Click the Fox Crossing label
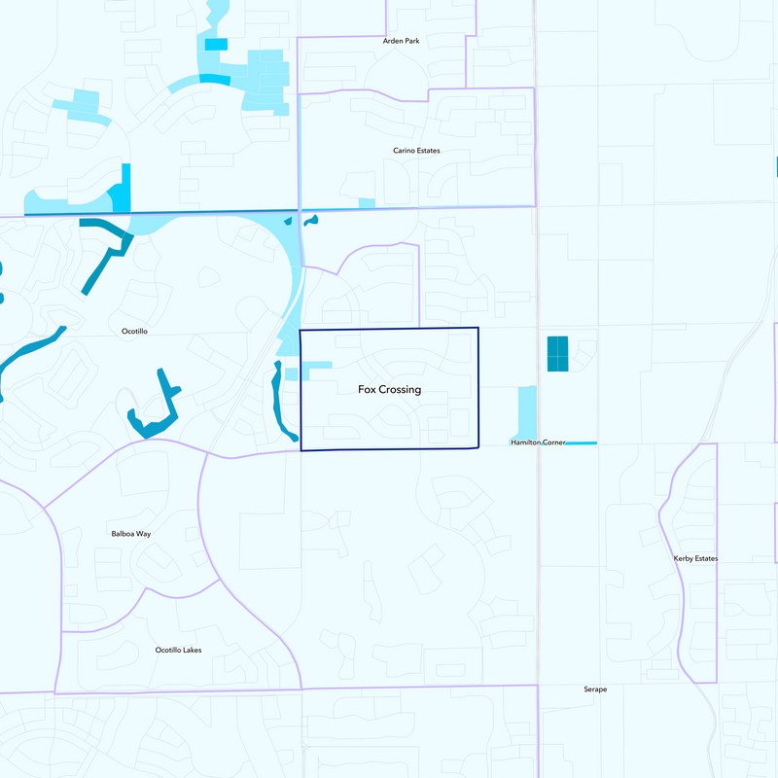coord(389,390)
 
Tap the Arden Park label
coord(401,41)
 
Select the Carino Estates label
coord(416,151)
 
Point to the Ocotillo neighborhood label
coord(134,332)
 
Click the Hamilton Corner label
coord(538,442)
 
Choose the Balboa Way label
coord(131,534)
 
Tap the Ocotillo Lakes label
coord(179,650)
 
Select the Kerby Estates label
coord(695,559)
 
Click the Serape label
coord(595,690)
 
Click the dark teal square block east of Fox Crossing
coord(557,354)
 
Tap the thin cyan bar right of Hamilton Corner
coord(581,443)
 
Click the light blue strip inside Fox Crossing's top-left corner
coord(316,366)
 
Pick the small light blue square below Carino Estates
coord(367,202)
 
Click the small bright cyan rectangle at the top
coord(216,44)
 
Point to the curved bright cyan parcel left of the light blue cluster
coord(215,79)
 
